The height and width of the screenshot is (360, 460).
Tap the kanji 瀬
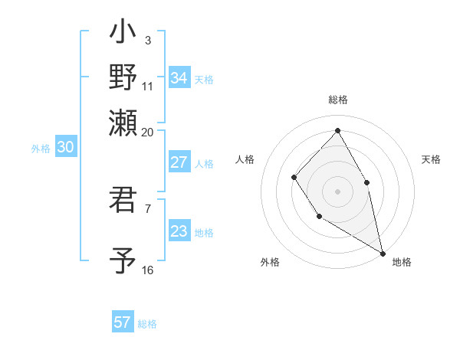click(x=123, y=122)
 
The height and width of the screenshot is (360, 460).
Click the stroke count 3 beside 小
click(x=148, y=41)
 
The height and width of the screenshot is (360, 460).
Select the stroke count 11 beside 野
click(x=148, y=85)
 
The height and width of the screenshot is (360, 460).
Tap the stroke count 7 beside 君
click(x=148, y=208)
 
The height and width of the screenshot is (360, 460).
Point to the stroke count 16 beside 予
click(x=148, y=270)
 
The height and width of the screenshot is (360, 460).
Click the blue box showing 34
click(x=179, y=78)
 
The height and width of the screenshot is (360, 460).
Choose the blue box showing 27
click(x=179, y=162)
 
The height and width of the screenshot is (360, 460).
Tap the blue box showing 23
click(x=179, y=231)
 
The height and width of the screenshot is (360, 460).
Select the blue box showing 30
click(x=65, y=148)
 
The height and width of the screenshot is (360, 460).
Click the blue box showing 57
click(x=123, y=322)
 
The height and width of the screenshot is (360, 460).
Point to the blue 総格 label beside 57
click(x=148, y=324)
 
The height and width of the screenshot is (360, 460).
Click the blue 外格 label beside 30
click(x=41, y=149)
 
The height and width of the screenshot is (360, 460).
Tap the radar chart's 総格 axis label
click(x=338, y=100)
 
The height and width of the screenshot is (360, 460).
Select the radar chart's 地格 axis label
click(x=402, y=263)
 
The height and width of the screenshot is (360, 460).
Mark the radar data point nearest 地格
click(x=383, y=252)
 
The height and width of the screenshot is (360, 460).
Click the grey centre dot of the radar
click(x=337, y=191)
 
